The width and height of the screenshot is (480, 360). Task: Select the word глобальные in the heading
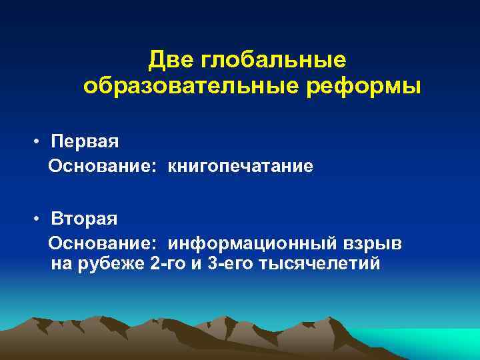pyautogui.click(x=277, y=60)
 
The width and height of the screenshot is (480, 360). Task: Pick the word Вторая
pyautogui.click(x=85, y=219)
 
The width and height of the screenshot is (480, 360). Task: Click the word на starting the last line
pyautogui.click(x=60, y=264)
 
